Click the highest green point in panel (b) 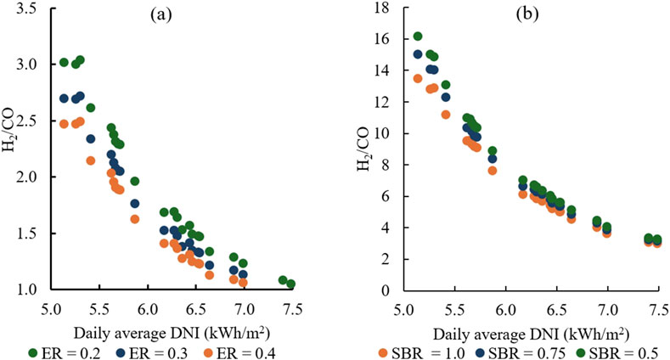(x=418, y=37)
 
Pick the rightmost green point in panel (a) (x=290, y=284)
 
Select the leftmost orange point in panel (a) (x=64, y=124)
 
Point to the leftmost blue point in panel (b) (x=418, y=54)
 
